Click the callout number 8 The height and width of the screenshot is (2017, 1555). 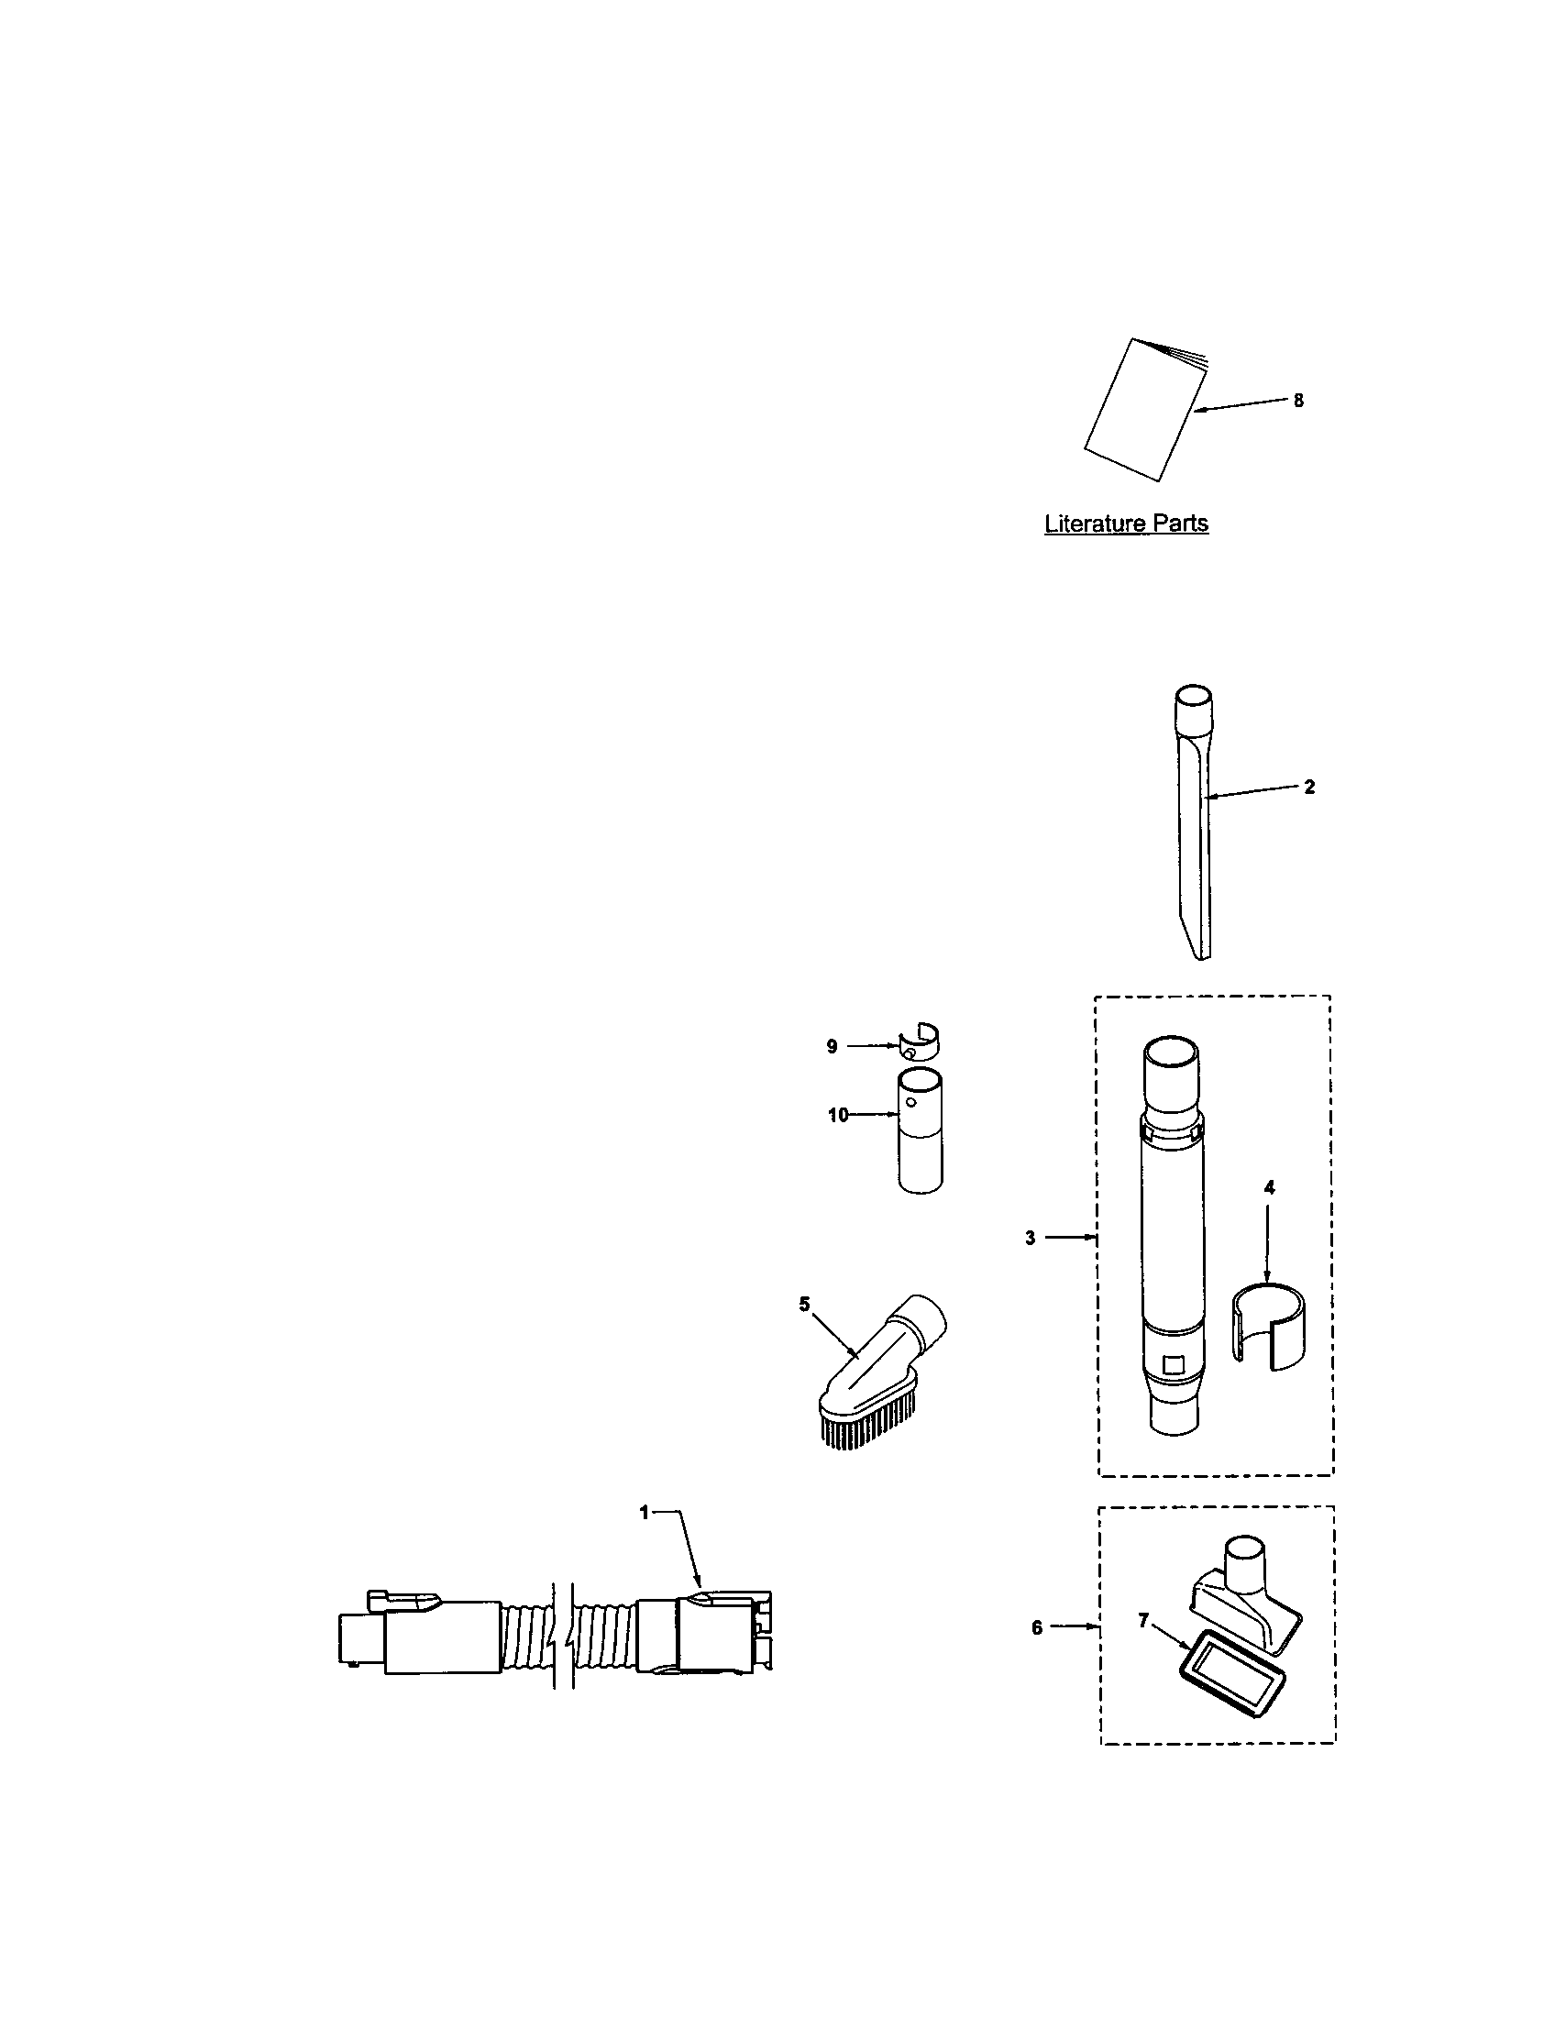point(1298,401)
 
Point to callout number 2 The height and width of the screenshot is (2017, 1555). point(1309,787)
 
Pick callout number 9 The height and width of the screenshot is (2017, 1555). point(832,1046)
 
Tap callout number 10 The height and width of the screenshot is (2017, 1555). point(837,1116)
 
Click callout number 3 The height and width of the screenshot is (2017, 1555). point(1031,1239)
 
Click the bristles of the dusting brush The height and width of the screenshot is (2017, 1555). point(868,1417)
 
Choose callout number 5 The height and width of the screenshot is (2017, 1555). point(804,1304)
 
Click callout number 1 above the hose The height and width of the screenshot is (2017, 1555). point(645,1512)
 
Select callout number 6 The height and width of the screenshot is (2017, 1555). point(1037,1628)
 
